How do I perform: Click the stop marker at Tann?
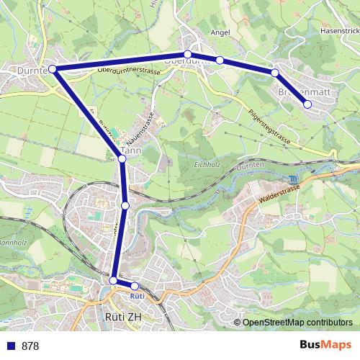coord(122,159)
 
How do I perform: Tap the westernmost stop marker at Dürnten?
coord(52,69)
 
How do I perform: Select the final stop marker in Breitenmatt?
coord(307,104)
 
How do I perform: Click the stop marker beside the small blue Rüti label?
coord(134,287)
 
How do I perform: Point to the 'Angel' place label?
coord(220,32)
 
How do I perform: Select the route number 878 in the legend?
coord(30,346)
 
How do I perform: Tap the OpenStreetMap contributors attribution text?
coord(297,323)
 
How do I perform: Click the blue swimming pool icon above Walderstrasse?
coord(292,179)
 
